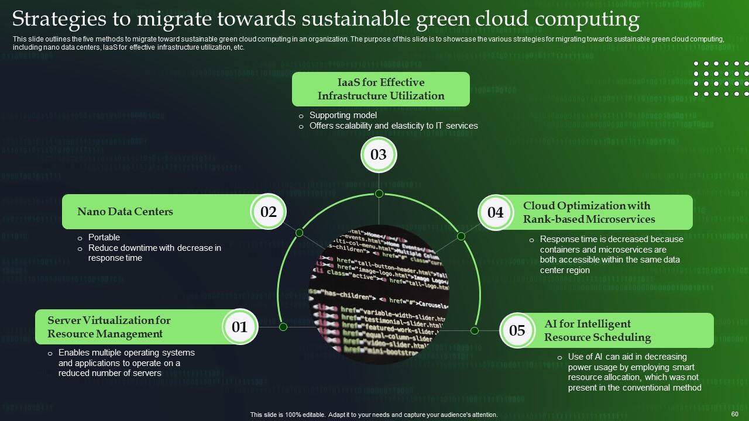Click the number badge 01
[x=240, y=327]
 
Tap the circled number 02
[x=268, y=212]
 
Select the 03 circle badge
[x=379, y=155]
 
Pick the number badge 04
[x=495, y=212]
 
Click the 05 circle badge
[x=517, y=330]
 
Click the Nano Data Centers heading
[x=125, y=212]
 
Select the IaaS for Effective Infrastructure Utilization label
[x=381, y=89]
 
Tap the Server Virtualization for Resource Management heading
[x=109, y=327]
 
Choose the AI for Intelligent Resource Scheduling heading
[x=597, y=330]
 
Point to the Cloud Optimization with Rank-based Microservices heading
[x=589, y=212]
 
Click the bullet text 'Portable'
[x=104, y=237]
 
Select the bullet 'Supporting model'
[x=343, y=115]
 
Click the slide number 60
[x=735, y=413]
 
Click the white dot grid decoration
[x=720, y=78]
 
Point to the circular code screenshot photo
[x=379, y=294]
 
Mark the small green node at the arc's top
[x=379, y=194]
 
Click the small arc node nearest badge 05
[x=475, y=330]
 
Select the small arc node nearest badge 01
[x=283, y=327]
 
